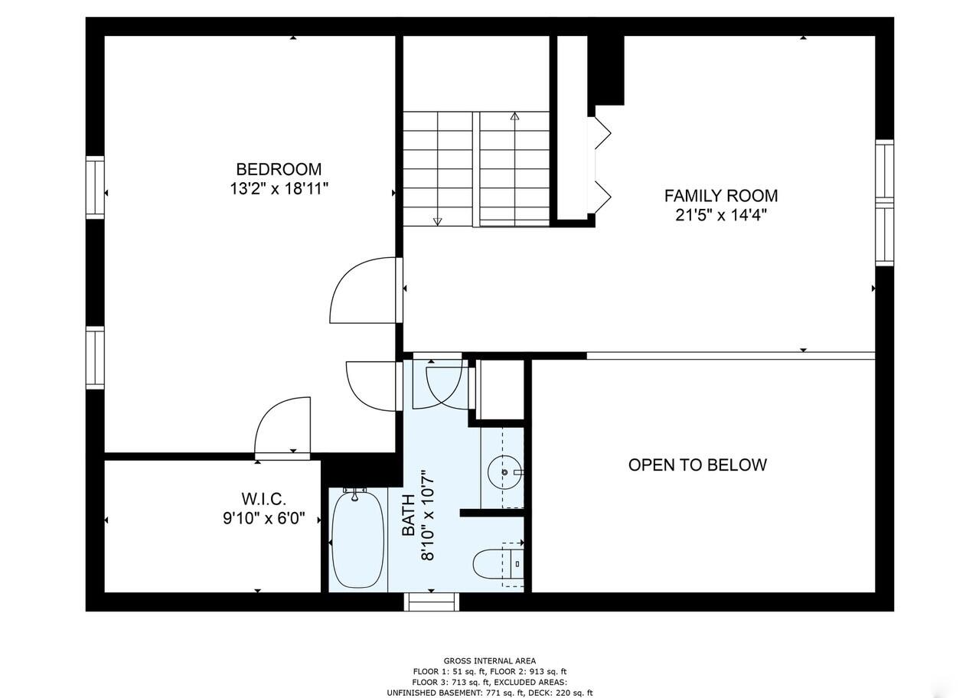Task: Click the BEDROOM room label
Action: click(x=278, y=169)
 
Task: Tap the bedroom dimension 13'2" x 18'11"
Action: click(x=279, y=189)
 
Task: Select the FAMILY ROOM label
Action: click(x=720, y=195)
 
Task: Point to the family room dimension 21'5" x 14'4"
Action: click(x=720, y=215)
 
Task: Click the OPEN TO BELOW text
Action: click(x=697, y=465)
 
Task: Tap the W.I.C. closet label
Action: click(x=264, y=499)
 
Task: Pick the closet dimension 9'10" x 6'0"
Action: click(x=264, y=519)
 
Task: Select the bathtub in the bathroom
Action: click(x=357, y=540)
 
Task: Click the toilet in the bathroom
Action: click(x=494, y=564)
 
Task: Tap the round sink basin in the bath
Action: click(x=505, y=473)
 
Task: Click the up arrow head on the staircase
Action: click(x=514, y=116)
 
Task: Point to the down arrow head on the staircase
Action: click(x=437, y=221)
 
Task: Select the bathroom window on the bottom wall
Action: click(x=432, y=602)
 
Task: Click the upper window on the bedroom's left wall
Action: click(x=95, y=187)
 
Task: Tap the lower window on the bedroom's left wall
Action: click(x=95, y=357)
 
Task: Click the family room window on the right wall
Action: click(x=884, y=203)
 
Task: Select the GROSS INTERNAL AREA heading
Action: click(x=490, y=660)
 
